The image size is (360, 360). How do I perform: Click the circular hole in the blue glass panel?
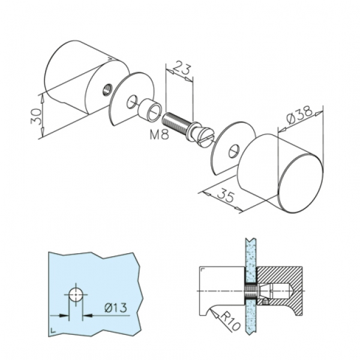click(76, 294)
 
